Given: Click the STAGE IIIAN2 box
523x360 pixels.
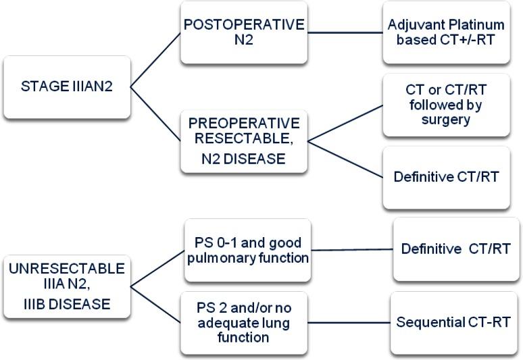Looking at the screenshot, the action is pyautogui.click(x=67, y=87).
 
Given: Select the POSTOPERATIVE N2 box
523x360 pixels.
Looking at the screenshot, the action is pyautogui.click(x=244, y=32).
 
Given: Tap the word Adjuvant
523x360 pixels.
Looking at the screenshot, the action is pyautogui.click(x=416, y=26).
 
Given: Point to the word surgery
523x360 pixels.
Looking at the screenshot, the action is pyautogui.click(x=446, y=120).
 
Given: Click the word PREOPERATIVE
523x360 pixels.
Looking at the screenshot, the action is pyautogui.click(x=244, y=124).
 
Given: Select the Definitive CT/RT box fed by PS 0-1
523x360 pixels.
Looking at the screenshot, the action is pyautogui.click(x=456, y=249).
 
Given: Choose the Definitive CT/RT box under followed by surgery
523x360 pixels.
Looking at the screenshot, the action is pyautogui.click(x=446, y=178).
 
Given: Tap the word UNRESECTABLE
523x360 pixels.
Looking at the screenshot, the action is pyautogui.click(x=67, y=269).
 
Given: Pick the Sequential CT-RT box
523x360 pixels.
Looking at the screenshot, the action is pyautogui.click(x=453, y=323).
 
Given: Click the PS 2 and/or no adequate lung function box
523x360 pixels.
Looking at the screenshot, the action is pyautogui.click(x=244, y=323).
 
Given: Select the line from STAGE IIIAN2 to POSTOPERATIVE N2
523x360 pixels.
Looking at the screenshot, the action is pyautogui.click(x=155, y=60).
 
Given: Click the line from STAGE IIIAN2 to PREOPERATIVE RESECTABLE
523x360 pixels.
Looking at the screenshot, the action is pyautogui.click(x=155, y=114).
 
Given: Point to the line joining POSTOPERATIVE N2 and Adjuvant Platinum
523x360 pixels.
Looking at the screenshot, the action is pyautogui.click(x=345, y=32).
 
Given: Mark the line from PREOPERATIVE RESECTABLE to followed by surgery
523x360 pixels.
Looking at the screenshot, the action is pyautogui.click(x=345, y=124).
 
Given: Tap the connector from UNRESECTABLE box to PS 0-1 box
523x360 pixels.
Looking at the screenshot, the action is pyautogui.click(x=157, y=269).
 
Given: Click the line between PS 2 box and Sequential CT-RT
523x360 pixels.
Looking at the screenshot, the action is pyautogui.click(x=349, y=323).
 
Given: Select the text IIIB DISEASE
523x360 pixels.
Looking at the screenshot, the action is pyautogui.click(x=67, y=305).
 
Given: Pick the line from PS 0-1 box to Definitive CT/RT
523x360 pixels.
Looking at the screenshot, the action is pyautogui.click(x=352, y=250).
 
